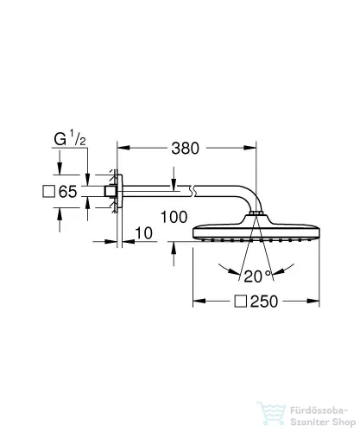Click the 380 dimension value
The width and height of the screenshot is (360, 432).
pyautogui.click(x=185, y=149)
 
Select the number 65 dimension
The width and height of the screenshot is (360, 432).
pyautogui.click(x=68, y=192)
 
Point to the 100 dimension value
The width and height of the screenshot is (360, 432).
pyautogui.click(x=174, y=217)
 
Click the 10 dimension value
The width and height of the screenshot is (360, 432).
pyautogui.click(x=143, y=233)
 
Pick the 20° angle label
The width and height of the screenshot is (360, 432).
pyautogui.click(x=257, y=276)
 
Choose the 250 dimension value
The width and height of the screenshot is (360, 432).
pyautogui.click(x=264, y=302)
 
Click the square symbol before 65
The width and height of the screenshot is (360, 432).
pyautogui.click(x=48, y=192)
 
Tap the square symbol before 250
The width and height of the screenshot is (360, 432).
pyautogui.click(x=241, y=302)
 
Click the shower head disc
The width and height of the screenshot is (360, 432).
pyautogui.click(x=256, y=232)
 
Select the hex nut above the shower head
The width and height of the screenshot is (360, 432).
pyautogui.click(x=256, y=213)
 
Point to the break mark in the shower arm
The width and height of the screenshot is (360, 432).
pyautogui.click(x=193, y=192)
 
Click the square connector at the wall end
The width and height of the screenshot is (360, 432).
pyautogui.click(x=110, y=192)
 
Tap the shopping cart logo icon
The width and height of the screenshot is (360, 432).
pyautogui.click(x=272, y=413)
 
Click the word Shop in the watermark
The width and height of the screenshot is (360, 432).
pyautogui.click(x=344, y=422)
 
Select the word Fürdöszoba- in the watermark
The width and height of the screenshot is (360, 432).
pyautogui.click(x=319, y=410)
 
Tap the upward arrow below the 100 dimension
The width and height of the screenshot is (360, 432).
pyautogui.click(x=174, y=253)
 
